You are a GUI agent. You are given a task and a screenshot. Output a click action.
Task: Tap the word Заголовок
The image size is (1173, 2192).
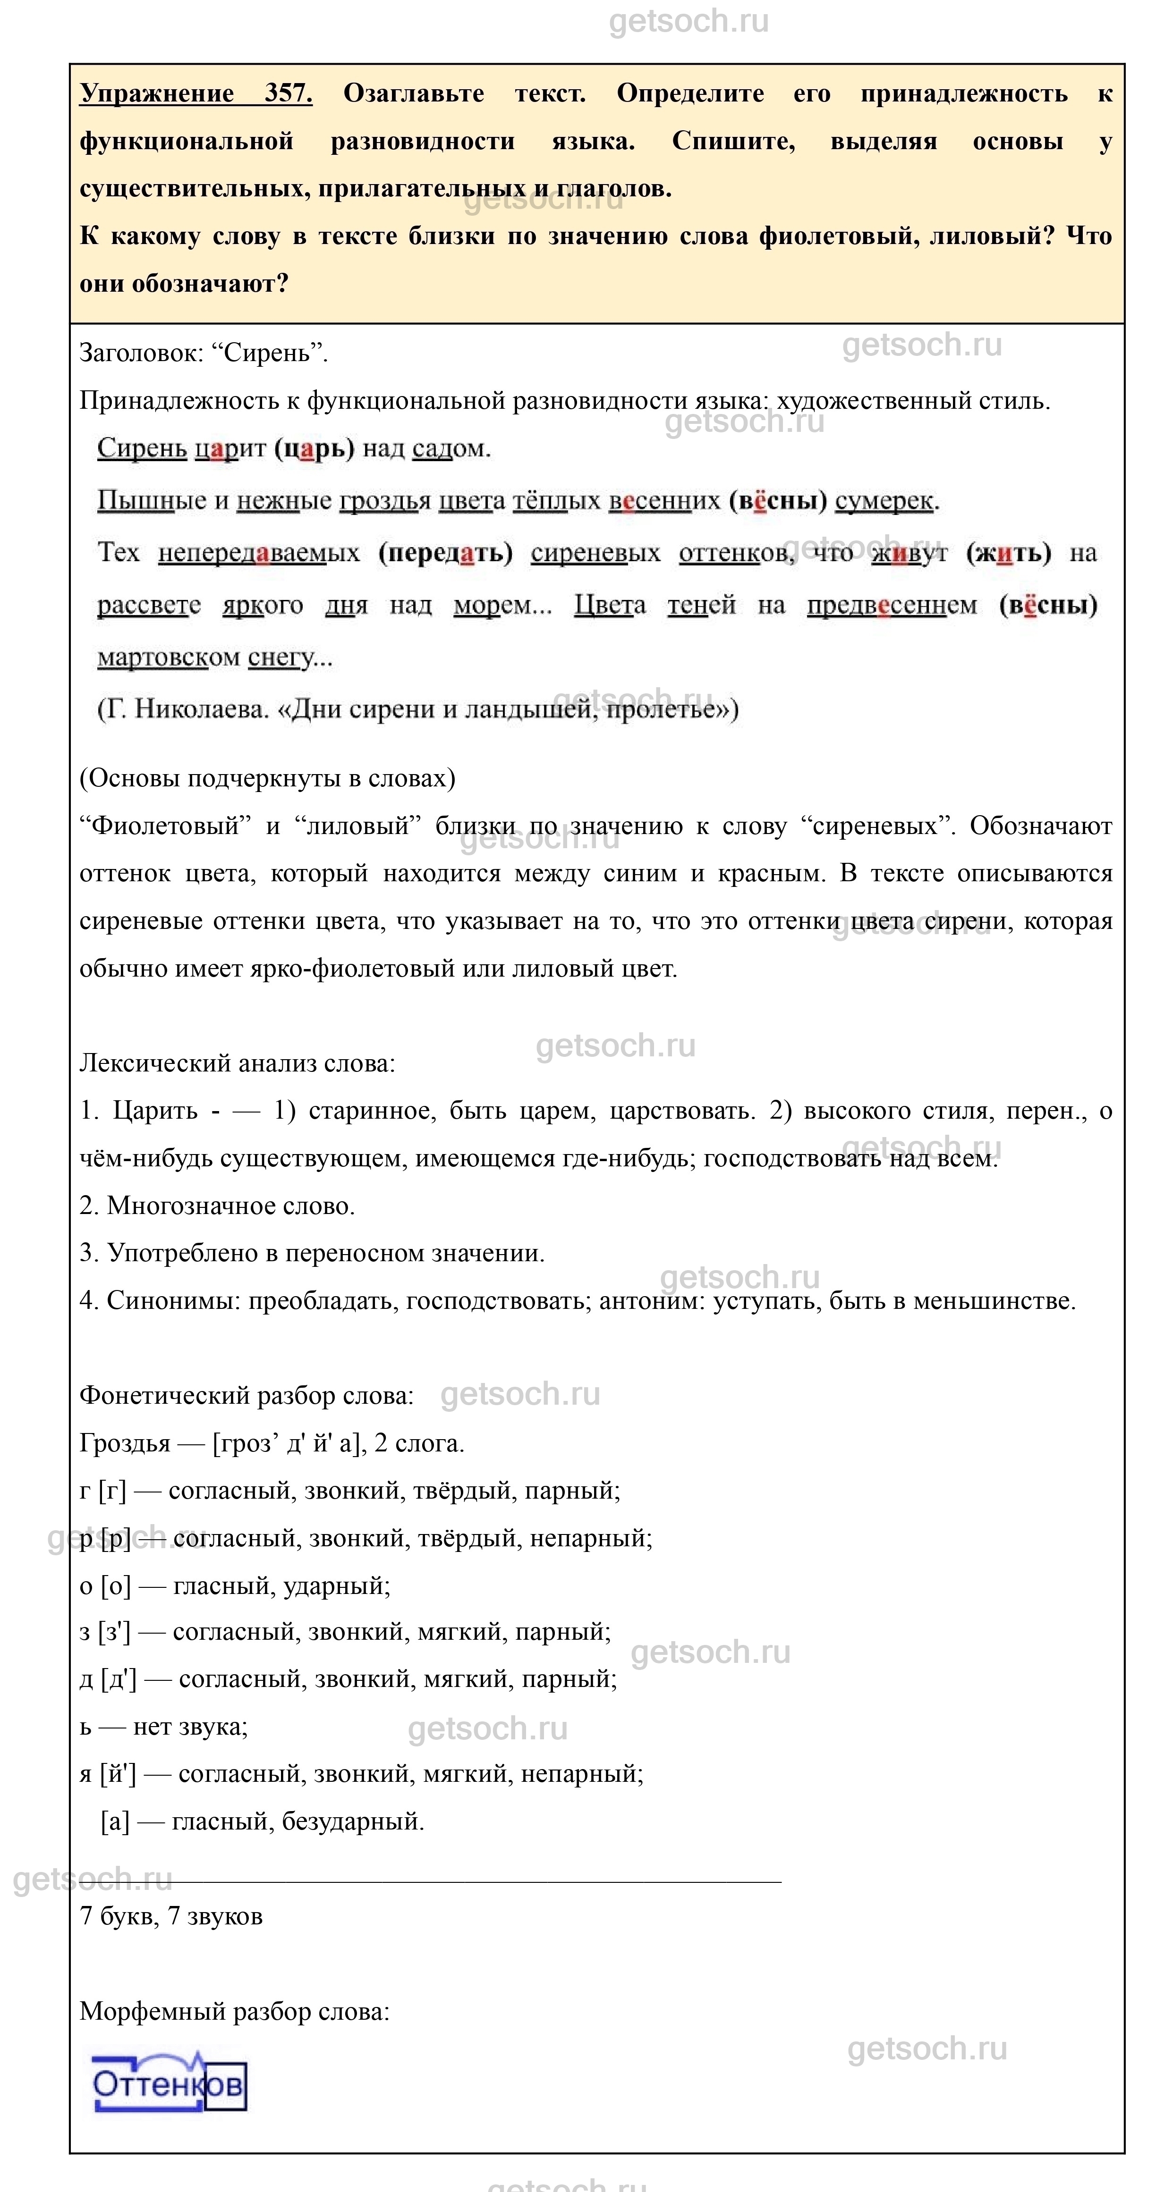click(x=140, y=352)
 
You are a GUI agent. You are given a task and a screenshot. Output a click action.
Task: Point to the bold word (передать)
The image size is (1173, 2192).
click(x=445, y=553)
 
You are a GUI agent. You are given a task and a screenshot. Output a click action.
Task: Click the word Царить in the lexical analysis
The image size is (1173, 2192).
click(x=155, y=1111)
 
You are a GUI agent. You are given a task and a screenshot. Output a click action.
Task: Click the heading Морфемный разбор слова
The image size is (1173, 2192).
click(x=234, y=2012)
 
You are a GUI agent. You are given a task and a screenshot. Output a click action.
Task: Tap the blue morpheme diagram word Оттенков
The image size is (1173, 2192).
click(x=169, y=2084)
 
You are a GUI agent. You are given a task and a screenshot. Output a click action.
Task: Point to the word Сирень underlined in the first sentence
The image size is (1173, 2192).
click(x=141, y=448)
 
